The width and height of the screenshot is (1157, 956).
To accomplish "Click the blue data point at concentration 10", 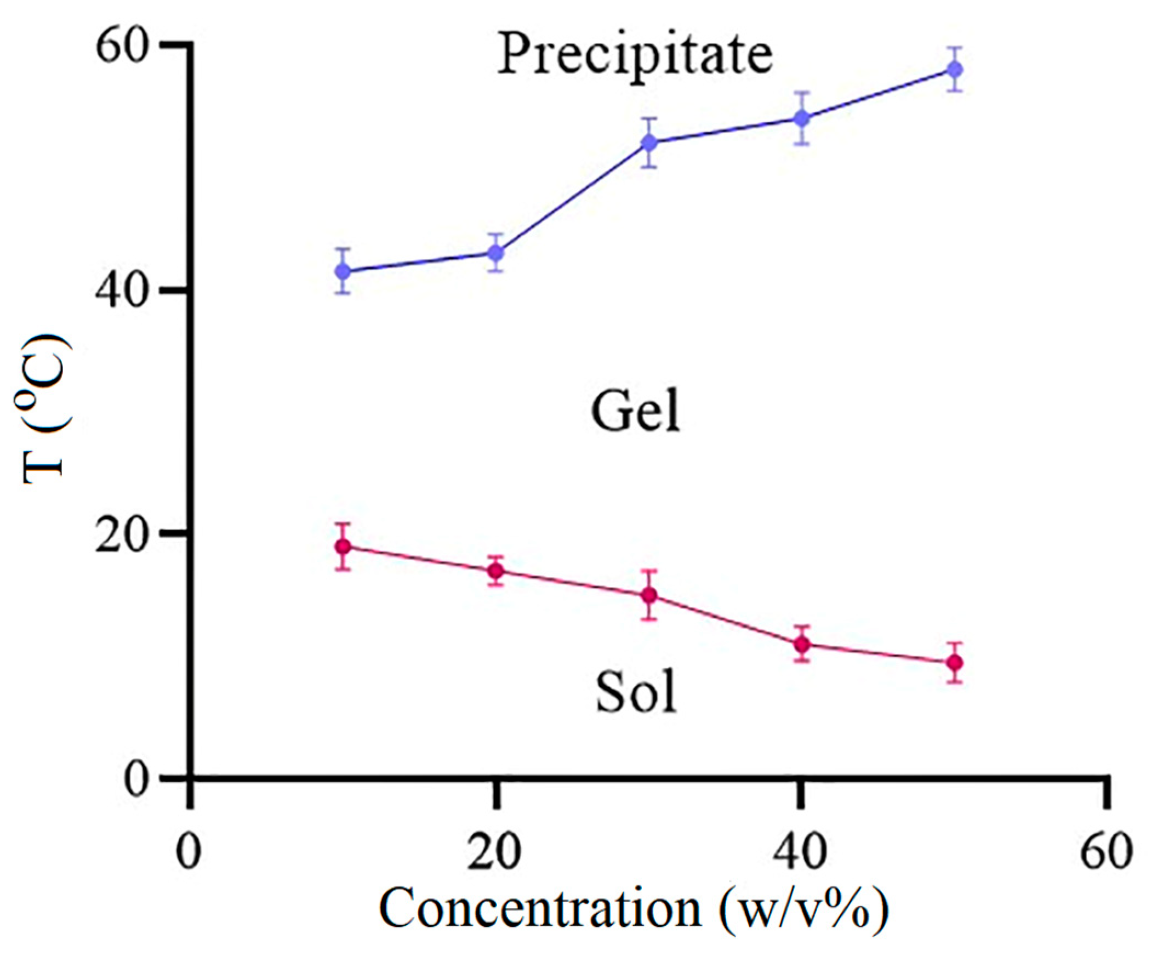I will pos(344,271).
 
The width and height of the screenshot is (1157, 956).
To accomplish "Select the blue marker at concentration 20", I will pos(496,253).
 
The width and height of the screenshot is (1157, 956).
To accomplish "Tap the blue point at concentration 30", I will pos(650,143).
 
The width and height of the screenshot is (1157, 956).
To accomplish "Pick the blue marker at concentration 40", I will pos(802,118).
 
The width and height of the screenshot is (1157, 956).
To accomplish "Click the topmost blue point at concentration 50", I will pos(955,70).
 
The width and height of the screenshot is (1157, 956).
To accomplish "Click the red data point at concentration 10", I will pos(344,547).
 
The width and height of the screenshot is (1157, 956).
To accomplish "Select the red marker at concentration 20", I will pos(496,571).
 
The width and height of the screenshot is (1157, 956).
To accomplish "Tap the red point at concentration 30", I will pos(650,595).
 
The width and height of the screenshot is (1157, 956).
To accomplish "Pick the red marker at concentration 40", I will pos(802,644).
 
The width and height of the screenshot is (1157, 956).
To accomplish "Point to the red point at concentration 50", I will pos(955,663).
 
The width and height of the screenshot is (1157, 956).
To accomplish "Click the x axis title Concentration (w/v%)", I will pos(633,910).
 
